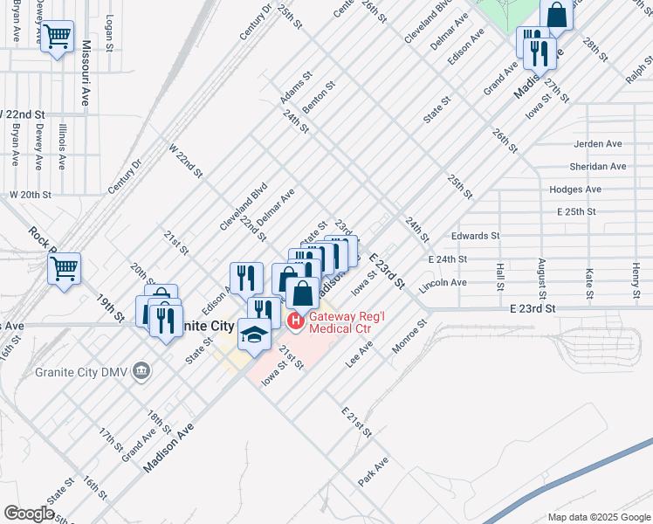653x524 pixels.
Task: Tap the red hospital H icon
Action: click(295, 323)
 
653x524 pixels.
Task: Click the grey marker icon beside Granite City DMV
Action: click(141, 373)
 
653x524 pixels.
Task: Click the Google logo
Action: click(29, 514)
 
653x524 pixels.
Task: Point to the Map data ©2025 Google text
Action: click(598, 517)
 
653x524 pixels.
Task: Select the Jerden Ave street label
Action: click(598, 143)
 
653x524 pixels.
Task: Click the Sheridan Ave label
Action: click(598, 166)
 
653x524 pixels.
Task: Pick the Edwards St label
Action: click(475, 236)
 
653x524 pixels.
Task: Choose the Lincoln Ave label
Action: click(443, 284)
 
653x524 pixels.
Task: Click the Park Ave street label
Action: click(373, 472)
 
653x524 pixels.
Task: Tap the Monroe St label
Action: click(409, 335)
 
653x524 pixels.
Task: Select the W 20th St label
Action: click(31, 194)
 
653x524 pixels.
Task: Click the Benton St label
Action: click(319, 98)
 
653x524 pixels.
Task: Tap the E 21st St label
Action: click(356, 422)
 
